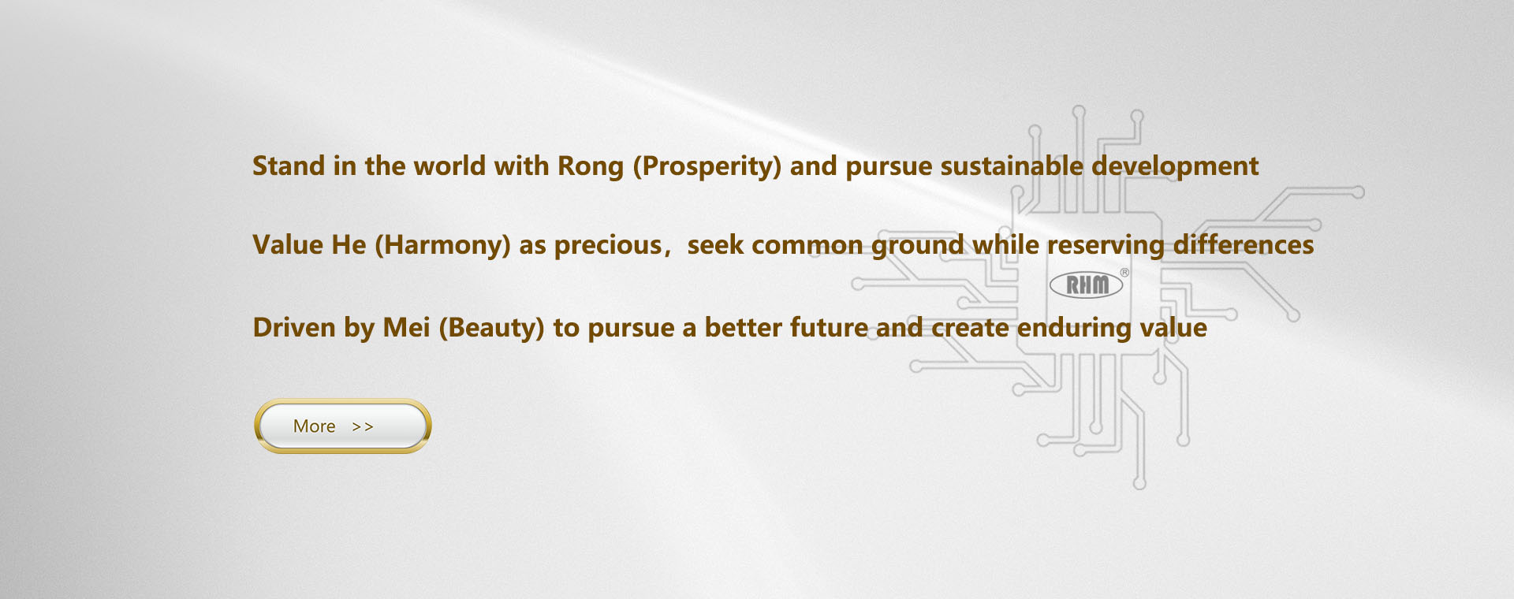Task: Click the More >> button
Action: pyautogui.click(x=342, y=426)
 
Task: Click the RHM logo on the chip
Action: pyautogui.click(x=1087, y=285)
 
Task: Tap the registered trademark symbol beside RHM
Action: pyautogui.click(x=1124, y=273)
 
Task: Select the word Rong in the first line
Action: pyautogui.click(x=590, y=167)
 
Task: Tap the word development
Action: pyautogui.click(x=1175, y=167)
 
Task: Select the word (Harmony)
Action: pyautogui.click(x=442, y=246)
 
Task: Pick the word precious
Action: pyautogui.click(x=607, y=246)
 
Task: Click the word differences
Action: pyautogui.click(x=1244, y=245)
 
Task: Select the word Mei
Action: pyautogui.click(x=406, y=328)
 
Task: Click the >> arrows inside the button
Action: pyautogui.click(x=363, y=427)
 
